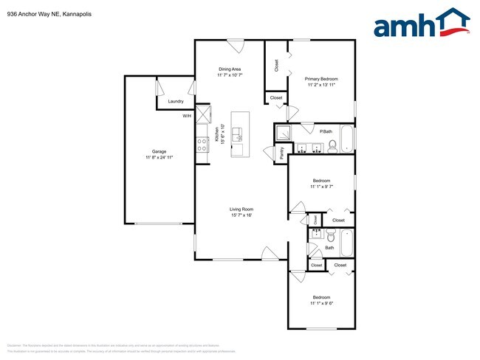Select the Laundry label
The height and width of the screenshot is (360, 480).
176,101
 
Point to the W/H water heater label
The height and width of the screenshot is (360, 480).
187,117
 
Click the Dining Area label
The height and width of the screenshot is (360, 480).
230,69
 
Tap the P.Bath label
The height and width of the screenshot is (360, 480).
326,131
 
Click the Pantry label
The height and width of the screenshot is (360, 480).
281,153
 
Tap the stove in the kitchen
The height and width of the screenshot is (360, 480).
201,145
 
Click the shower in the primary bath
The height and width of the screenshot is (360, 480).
284,134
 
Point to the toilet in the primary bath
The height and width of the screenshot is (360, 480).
332,146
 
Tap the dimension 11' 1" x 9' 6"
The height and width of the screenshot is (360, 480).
322,303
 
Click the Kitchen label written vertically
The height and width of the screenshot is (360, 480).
217,134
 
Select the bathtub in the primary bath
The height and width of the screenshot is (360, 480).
348,139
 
